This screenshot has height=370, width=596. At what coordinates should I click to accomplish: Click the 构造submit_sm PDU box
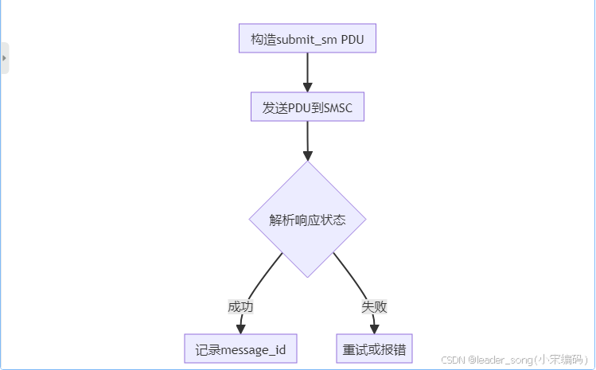tap(307, 39)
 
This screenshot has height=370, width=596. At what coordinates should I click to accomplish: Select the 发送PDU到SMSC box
tap(307, 107)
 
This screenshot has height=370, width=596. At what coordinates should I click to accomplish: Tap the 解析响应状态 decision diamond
tap(307, 220)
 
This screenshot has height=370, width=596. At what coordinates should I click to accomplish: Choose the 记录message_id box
tap(240, 349)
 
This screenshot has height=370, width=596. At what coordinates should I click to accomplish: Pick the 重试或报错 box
tap(374, 349)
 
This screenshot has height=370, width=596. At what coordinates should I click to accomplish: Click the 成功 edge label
tap(240, 306)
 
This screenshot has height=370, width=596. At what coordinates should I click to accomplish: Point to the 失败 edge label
tap(374, 306)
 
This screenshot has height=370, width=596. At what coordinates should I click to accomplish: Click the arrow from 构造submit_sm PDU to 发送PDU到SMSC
tap(307, 72)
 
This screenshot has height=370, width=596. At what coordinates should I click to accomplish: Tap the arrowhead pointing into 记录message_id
tap(240, 329)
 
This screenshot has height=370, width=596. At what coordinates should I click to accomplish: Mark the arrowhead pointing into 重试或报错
tap(374, 329)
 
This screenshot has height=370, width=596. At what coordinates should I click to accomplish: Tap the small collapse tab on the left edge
tap(5, 58)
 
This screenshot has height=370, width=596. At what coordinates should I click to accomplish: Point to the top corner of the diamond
tap(307, 163)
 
